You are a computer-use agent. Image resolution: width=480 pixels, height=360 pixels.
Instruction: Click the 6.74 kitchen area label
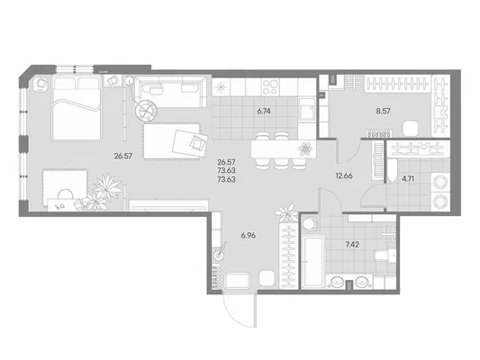point(264,112)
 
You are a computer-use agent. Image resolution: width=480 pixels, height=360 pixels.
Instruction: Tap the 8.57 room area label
point(383,111)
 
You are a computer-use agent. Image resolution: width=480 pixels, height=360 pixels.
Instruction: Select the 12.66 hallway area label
point(344,175)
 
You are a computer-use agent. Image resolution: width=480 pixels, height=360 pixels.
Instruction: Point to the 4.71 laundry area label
point(408,178)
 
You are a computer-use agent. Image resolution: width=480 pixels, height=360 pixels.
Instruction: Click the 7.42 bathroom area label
point(352,245)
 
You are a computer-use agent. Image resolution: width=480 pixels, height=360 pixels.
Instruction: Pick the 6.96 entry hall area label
point(249,236)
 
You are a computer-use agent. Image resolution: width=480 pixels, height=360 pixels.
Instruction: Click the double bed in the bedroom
point(77,108)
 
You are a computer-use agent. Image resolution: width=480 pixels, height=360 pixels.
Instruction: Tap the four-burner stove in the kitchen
point(270,87)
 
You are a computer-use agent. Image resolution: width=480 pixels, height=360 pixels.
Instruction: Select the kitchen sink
point(307,109)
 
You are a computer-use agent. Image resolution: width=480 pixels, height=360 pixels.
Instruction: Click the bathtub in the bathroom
point(312,262)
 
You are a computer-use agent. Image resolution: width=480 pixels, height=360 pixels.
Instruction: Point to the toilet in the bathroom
point(385,255)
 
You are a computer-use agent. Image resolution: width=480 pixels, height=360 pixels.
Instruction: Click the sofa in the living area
point(170,92)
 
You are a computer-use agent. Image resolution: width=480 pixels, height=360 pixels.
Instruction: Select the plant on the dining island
point(305,149)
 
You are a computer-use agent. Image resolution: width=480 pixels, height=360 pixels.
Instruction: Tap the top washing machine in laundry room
point(439,183)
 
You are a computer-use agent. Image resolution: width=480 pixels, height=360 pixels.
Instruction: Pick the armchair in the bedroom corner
point(41,83)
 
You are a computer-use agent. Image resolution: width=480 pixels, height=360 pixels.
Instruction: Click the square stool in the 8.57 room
point(410,129)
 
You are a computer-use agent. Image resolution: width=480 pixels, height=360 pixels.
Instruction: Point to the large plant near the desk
point(107,187)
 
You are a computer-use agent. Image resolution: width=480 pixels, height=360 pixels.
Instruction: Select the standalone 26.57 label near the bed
point(123,157)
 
